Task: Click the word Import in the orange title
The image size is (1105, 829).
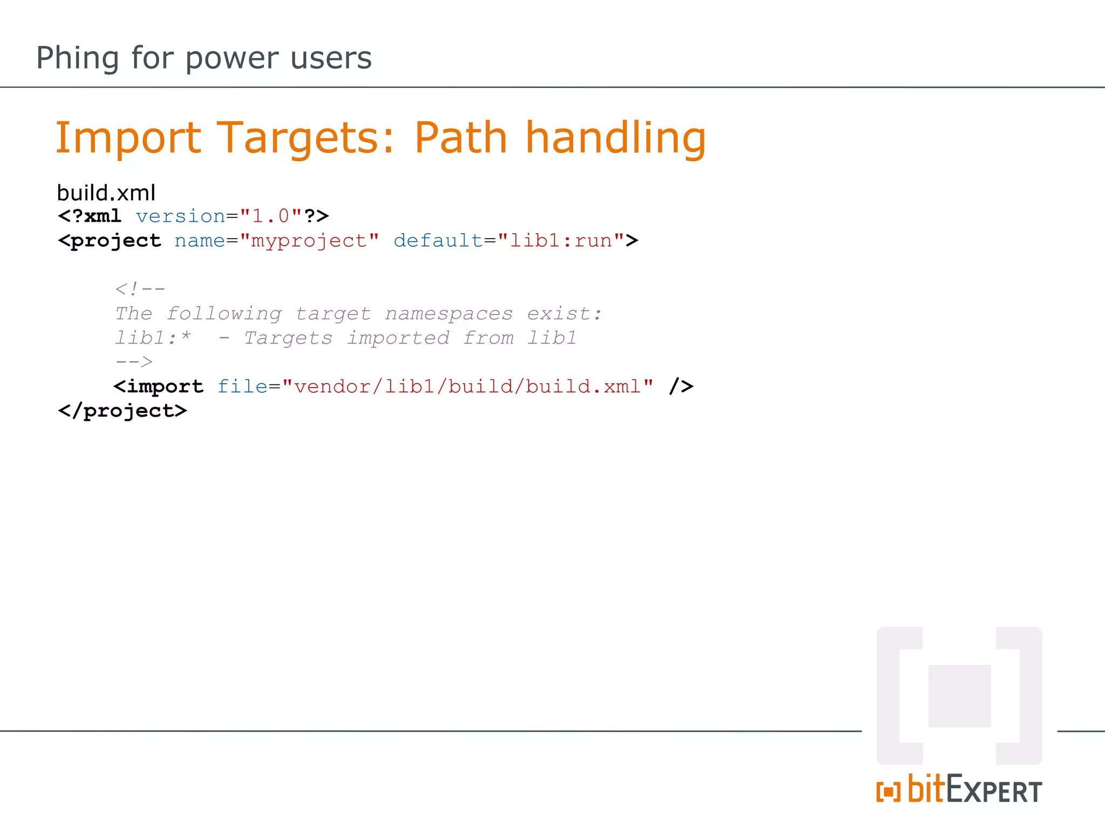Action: tap(128, 138)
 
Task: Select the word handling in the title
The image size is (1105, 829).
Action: tap(615, 138)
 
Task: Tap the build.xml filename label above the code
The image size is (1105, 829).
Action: tap(106, 193)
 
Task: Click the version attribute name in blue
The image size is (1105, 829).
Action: tap(180, 216)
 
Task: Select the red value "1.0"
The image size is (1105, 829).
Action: tap(271, 216)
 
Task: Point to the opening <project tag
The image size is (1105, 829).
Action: tap(110, 241)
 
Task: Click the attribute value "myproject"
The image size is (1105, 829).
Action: tap(309, 241)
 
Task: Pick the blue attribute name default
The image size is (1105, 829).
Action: tap(438, 241)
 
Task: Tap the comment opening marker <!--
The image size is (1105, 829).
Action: tap(140, 289)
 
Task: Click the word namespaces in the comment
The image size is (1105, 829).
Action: tap(448, 314)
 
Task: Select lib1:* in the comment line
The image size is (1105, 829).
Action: tap(153, 338)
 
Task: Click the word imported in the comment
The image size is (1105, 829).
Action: tap(398, 338)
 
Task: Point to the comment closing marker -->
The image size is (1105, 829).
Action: tap(134, 362)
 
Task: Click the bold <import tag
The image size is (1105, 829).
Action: tap(159, 386)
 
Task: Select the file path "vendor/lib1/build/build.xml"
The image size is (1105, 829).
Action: tap(467, 386)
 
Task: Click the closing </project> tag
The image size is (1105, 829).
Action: tap(122, 411)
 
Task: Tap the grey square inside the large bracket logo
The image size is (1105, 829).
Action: tap(959, 696)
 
